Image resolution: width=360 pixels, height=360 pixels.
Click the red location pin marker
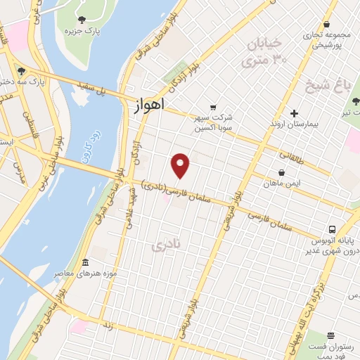click(181, 165)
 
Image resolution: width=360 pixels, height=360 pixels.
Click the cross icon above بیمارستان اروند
click(294, 113)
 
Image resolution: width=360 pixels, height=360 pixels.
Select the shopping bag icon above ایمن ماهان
click(281, 172)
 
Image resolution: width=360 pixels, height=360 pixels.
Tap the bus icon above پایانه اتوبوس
click(332, 229)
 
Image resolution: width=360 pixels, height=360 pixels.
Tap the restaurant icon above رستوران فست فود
click(331, 335)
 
